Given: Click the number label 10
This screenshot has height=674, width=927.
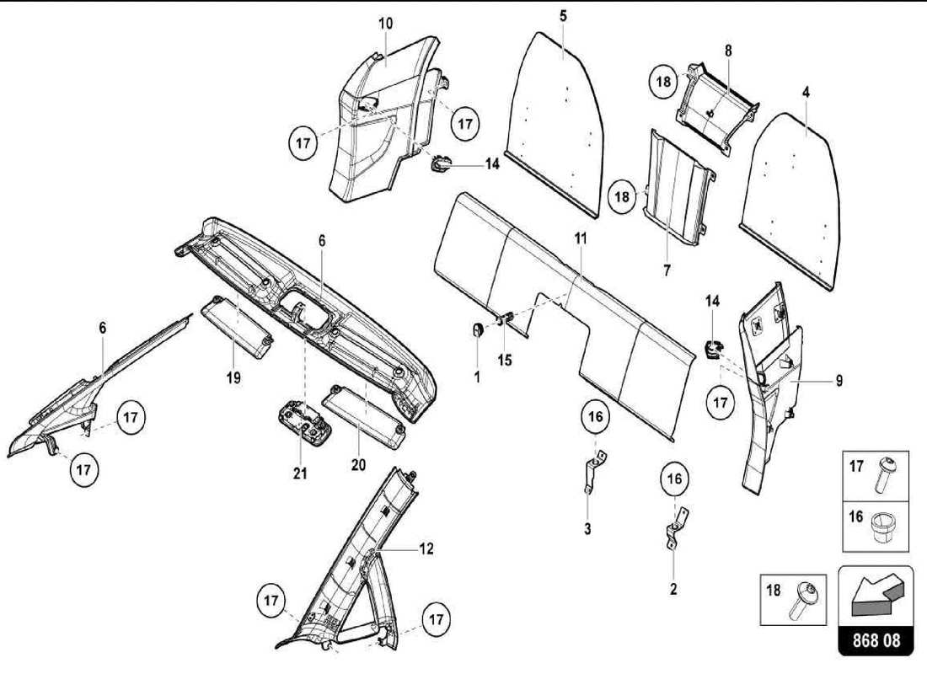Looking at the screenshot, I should [x=385, y=24].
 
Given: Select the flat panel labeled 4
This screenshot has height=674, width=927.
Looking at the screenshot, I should [x=797, y=198].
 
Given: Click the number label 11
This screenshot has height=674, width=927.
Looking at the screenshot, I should [x=580, y=238].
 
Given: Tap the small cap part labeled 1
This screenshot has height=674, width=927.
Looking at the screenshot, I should [x=477, y=329].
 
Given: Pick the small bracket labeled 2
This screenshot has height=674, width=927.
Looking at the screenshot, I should [x=674, y=531].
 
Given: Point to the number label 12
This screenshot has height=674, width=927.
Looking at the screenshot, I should [x=426, y=549].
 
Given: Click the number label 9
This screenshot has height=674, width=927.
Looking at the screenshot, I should [x=839, y=381].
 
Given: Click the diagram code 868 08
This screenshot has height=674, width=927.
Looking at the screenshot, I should [x=876, y=640].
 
